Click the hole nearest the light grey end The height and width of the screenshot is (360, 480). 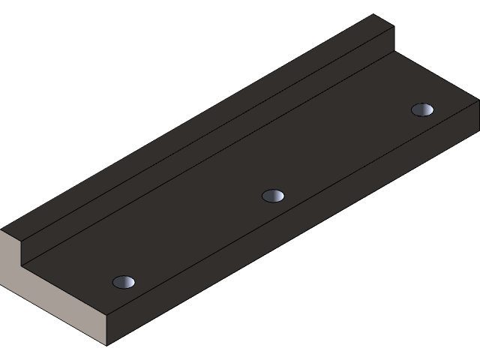coord(124,282)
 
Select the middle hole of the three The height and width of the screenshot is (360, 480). coord(273,196)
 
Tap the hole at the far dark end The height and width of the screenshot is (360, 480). coord(423,109)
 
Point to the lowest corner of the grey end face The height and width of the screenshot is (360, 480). coord(107,345)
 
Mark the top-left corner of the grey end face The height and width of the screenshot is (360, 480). coord(1,230)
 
